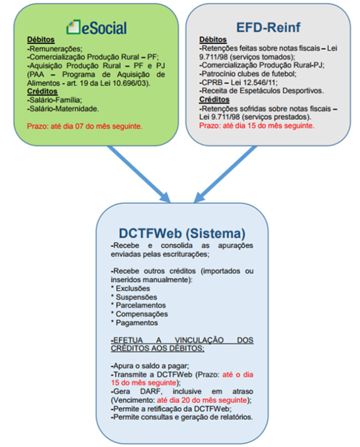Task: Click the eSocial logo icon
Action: pyautogui.click(x=73, y=27)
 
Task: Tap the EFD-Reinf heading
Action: pyautogui.click(x=268, y=27)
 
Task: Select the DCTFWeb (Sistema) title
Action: pyautogui.click(x=182, y=233)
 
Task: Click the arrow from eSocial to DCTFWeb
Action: pyautogui.click(x=138, y=174)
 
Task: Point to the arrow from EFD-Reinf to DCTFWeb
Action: pyautogui.click(x=225, y=174)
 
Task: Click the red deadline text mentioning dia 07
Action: pyautogui.click(x=85, y=126)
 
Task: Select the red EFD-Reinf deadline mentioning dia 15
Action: pyautogui.click(x=256, y=126)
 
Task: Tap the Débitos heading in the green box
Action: pyautogui.click(x=41, y=40)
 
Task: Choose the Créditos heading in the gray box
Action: pyautogui.click(x=214, y=100)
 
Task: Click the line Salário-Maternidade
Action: pyautogui.click(x=63, y=109)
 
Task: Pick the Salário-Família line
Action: pyautogui.click(x=54, y=100)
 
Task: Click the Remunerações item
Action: pyautogui.click(x=54, y=48)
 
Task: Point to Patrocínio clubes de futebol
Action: pyautogui.click(x=248, y=74)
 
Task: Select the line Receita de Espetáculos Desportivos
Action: pyautogui.click(x=261, y=91)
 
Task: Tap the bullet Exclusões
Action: pyautogui.click(x=131, y=288)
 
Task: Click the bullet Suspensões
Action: pyautogui.click(x=134, y=297)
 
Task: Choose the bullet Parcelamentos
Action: pyautogui.click(x=138, y=305)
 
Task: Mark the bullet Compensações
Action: pyautogui.click(x=140, y=314)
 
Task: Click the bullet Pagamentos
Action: pyautogui.click(x=135, y=323)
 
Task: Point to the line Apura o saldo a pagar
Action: pyautogui.click(x=150, y=366)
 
